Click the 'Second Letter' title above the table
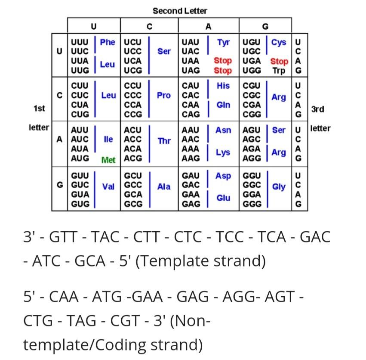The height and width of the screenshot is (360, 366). pyautogui.click(x=180, y=11)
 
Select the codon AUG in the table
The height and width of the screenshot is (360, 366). pyautogui.click(x=80, y=158)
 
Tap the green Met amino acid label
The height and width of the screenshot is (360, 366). pyautogui.click(x=108, y=160)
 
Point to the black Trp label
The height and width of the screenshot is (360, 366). pyautogui.click(x=279, y=71)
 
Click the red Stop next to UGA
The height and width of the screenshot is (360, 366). pyautogui.click(x=279, y=61)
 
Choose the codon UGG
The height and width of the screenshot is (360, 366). pyautogui.click(x=252, y=70)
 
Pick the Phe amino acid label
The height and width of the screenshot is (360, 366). pyautogui.click(x=108, y=42)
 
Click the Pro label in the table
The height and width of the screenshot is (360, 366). pyautogui.click(x=163, y=95)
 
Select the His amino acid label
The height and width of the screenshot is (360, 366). pyautogui.click(x=223, y=86)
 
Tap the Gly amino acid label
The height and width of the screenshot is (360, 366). pyautogui.click(x=279, y=187)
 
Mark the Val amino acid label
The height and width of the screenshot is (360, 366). pyautogui.click(x=108, y=186)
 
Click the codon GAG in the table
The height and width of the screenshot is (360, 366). pyautogui.click(x=191, y=204)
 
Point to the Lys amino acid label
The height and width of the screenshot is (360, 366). pyautogui.click(x=223, y=152)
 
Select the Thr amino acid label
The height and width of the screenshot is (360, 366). pyautogui.click(x=164, y=141)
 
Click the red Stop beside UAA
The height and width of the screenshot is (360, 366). pyautogui.click(x=223, y=61)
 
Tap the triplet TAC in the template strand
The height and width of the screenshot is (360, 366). pyautogui.click(x=105, y=236)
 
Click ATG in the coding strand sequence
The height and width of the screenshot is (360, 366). pyautogui.click(x=107, y=297)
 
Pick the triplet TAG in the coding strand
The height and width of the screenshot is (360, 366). pyautogui.click(x=81, y=320)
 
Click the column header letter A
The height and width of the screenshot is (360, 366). pyautogui.click(x=209, y=27)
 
